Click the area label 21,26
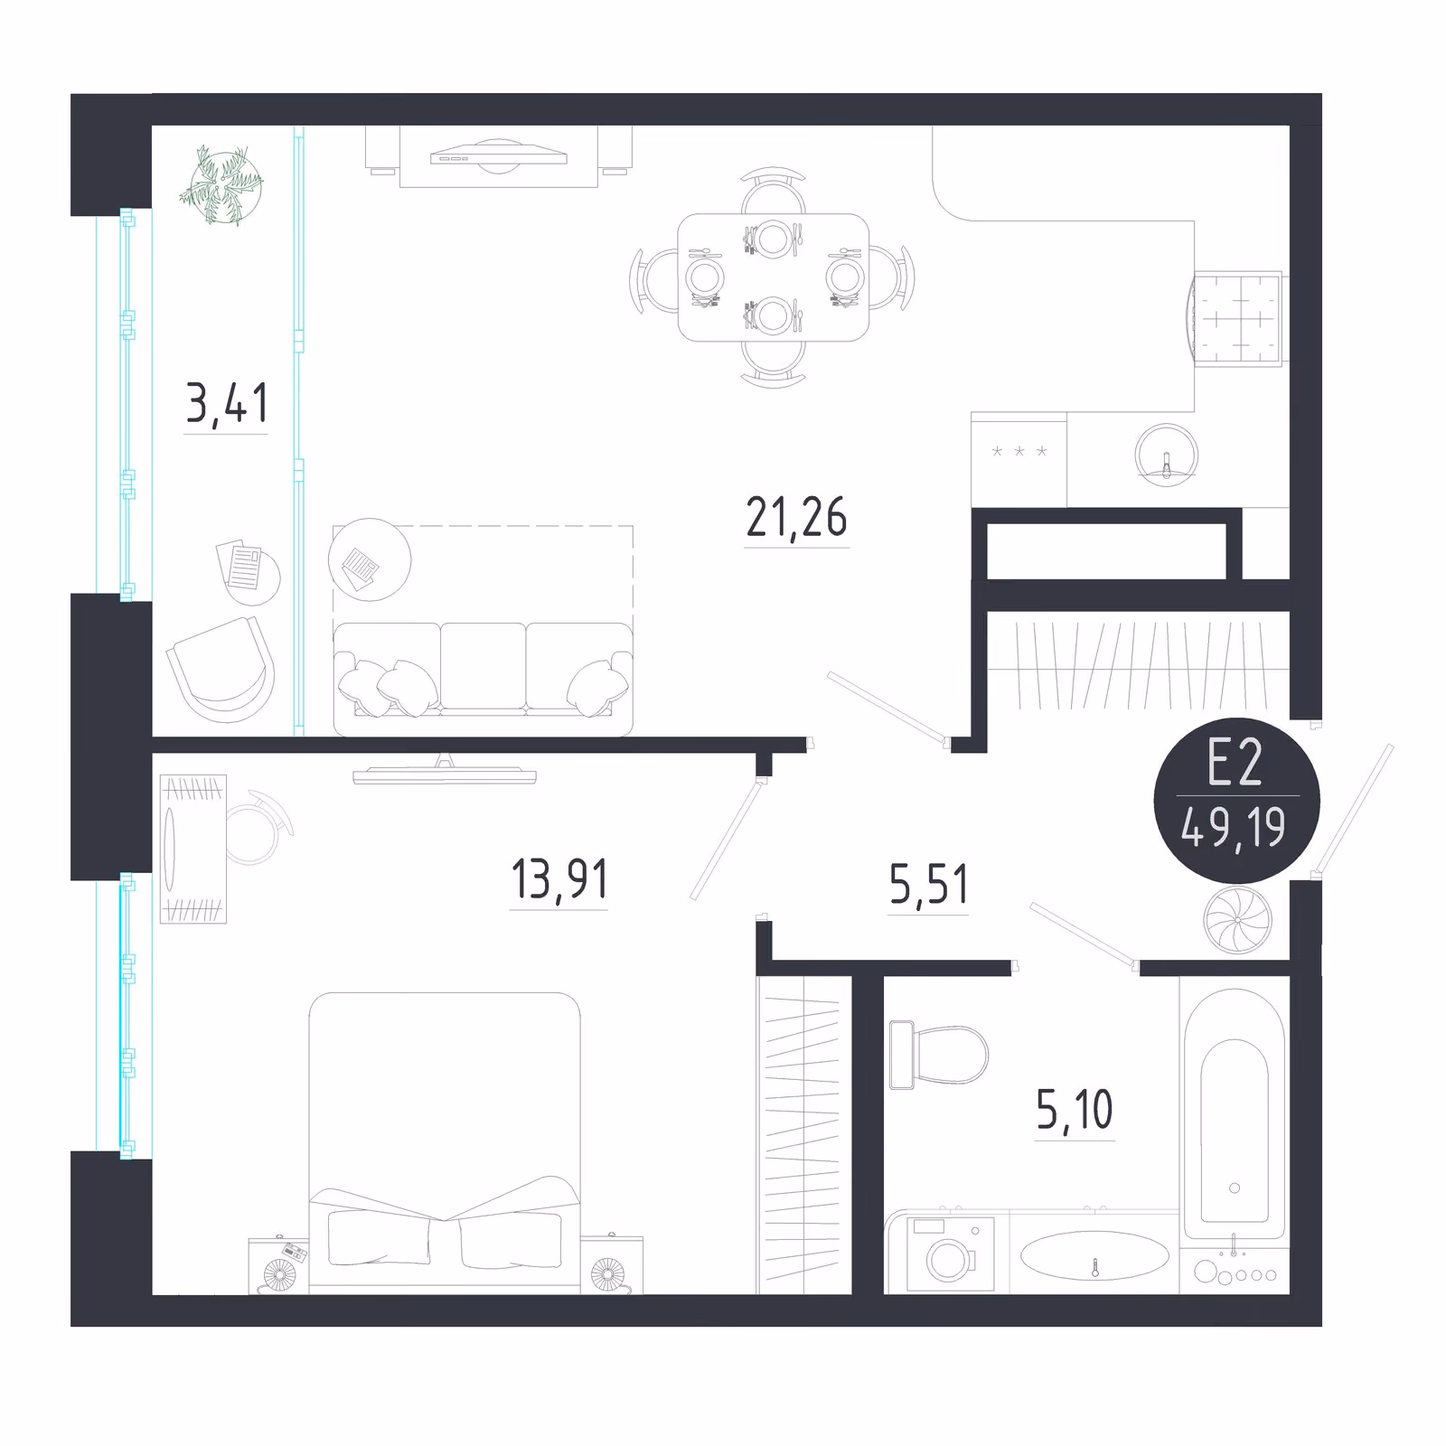click(796, 519)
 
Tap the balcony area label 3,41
click(227, 404)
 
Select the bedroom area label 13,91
click(559, 879)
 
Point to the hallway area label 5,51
click(928, 885)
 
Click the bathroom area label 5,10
click(1075, 1110)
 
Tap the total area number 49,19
click(1233, 828)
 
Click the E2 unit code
click(1235, 765)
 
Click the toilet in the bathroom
click(938, 1056)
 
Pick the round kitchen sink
click(1167, 454)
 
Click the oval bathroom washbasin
click(1094, 1255)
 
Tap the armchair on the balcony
click(221, 670)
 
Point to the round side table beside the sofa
click(370, 559)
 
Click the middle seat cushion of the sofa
click(484, 666)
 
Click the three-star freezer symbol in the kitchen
click(1019, 451)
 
